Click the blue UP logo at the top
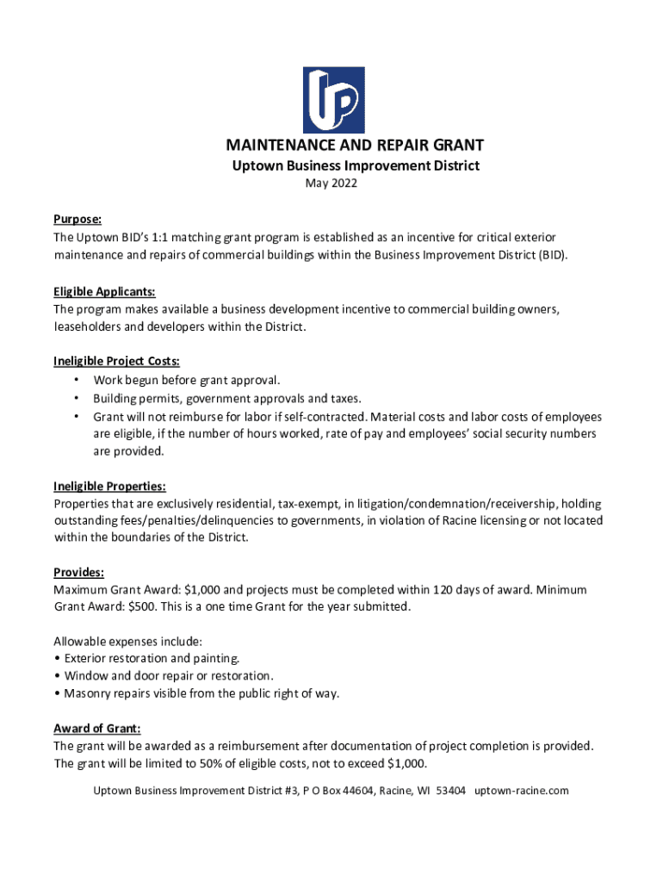coord(332,100)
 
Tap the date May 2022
coord(331,183)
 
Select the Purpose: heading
coord(77,220)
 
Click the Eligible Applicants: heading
coord(104,292)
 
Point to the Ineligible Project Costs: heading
coord(116,362)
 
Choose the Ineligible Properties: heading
coord(109,487)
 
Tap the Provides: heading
coord(79,573)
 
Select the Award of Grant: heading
coord(97,729)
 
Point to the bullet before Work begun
coord(77,381)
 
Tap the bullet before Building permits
coord(77,399)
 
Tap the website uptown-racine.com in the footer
coord(522,791)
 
